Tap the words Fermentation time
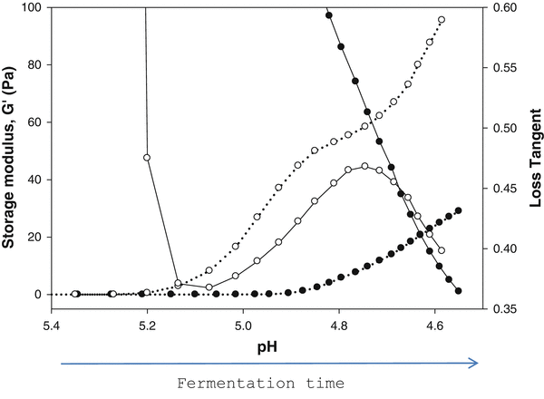click(260, 384)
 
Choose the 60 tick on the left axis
click(29, 122)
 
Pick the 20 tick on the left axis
click(29, 238)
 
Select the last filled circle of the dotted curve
click(459, 211)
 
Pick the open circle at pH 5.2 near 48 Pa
click(147, 158)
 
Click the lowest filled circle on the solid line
click(459, 291)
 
